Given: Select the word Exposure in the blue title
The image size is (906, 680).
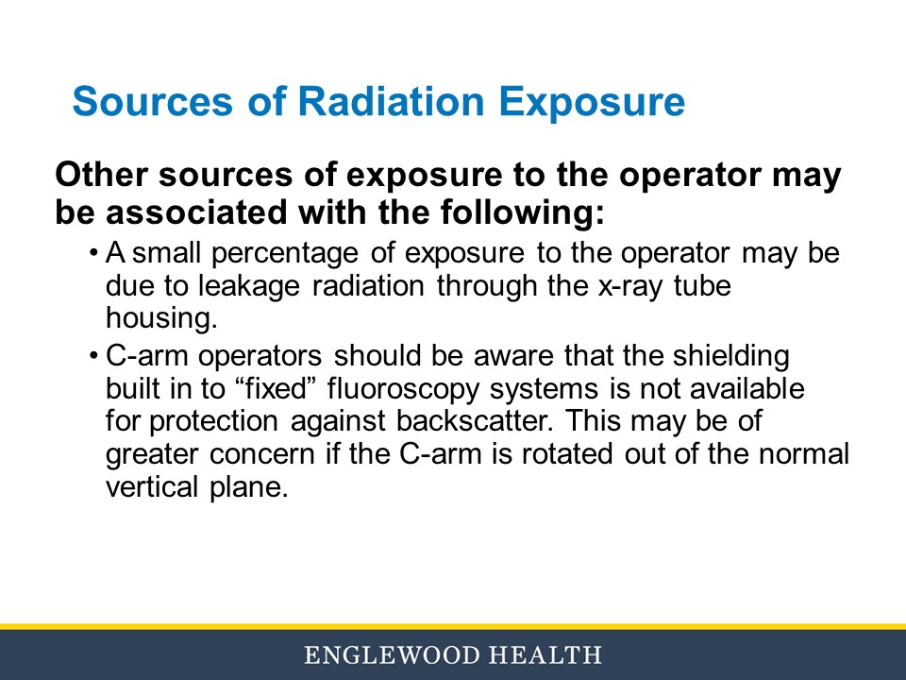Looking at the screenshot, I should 592,101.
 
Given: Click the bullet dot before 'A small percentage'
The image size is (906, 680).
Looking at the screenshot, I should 94,254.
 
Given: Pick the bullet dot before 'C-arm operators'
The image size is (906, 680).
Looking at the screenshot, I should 94,358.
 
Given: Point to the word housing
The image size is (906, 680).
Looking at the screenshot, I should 161,318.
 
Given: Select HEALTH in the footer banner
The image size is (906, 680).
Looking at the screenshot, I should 547,654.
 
